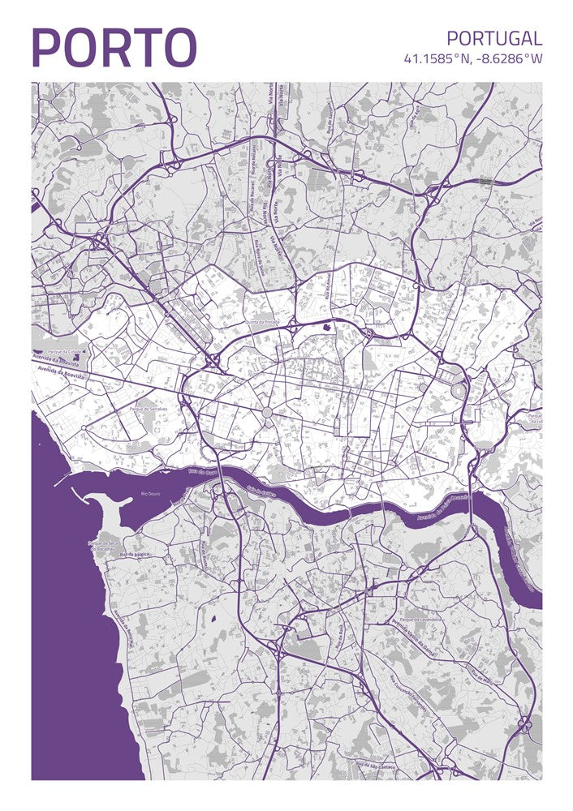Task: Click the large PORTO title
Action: [x=114, y=48]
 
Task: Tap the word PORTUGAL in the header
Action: [x=493, y=38]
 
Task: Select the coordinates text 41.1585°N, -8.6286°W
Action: [x=472, y=58]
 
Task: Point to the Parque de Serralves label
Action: [x=149, y=410]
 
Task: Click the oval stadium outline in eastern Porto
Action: [x=459, y=392]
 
